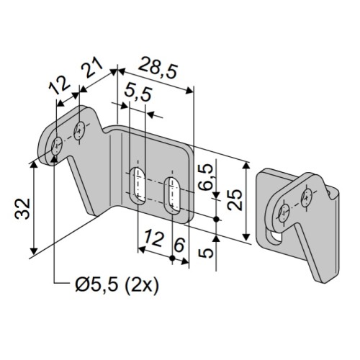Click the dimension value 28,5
click(158, 68)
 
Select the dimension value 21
click(92, 68)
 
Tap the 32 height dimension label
click(22, 209)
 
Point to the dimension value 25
click(235, 199)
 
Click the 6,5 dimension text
click(206, 177)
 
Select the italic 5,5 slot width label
click(138, 94)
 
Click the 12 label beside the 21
click(60, 85)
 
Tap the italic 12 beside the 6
click(155, 238)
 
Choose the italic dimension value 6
click(179, 244)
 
